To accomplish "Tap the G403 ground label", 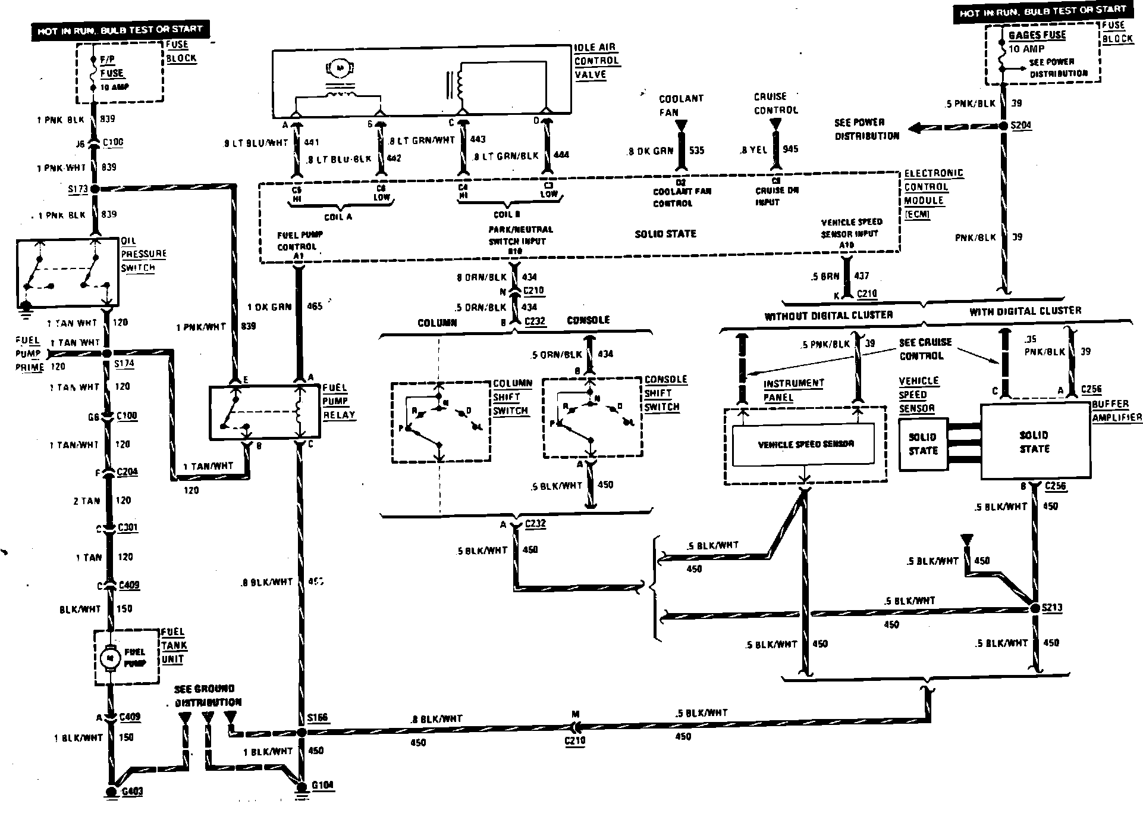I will tap(131, 792).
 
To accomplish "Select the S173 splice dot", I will tap(95, 189).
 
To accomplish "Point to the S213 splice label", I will tap(1052, 608).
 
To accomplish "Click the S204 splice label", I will tap(1021, 126).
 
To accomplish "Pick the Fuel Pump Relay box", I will tap(265, 412).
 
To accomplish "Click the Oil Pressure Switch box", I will tap(67, 273).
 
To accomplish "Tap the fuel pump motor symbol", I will tap(109, 658).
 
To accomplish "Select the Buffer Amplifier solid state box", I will tap(1035, 441).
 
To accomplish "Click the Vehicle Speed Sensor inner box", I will tap(802, 444).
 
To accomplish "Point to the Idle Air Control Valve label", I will tap(595, 61).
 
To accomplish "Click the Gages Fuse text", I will tap(1037, 35).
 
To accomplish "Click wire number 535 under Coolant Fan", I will tap(696, 150).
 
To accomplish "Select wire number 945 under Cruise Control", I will tap(790, 149).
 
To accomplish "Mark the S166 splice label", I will tap(318, 717).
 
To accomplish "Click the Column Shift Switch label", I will tap(510, 397).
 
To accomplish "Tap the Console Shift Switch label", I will tap(665, 393).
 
